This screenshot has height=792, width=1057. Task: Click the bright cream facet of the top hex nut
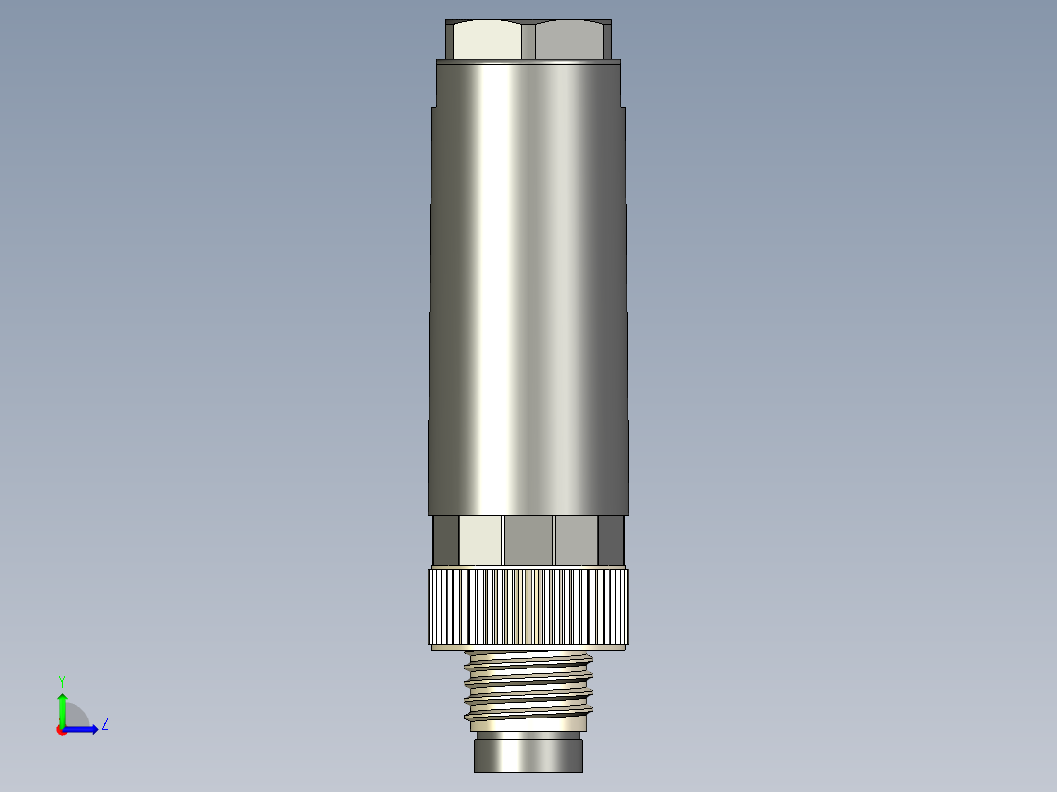[x=488, y=41]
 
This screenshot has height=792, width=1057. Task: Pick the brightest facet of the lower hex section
[x=480, y=540]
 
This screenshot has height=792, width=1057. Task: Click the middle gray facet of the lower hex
[x=528, y=540]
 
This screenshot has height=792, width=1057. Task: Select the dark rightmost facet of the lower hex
[x=610, y=540]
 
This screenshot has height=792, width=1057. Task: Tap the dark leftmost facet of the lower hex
[x=446, y=540]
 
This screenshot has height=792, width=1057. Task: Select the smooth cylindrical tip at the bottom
[x=528, y=756]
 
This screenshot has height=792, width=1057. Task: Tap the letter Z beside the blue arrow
[x=104, y=724]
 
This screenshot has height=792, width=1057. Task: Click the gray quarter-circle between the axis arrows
[x=75, y=718]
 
